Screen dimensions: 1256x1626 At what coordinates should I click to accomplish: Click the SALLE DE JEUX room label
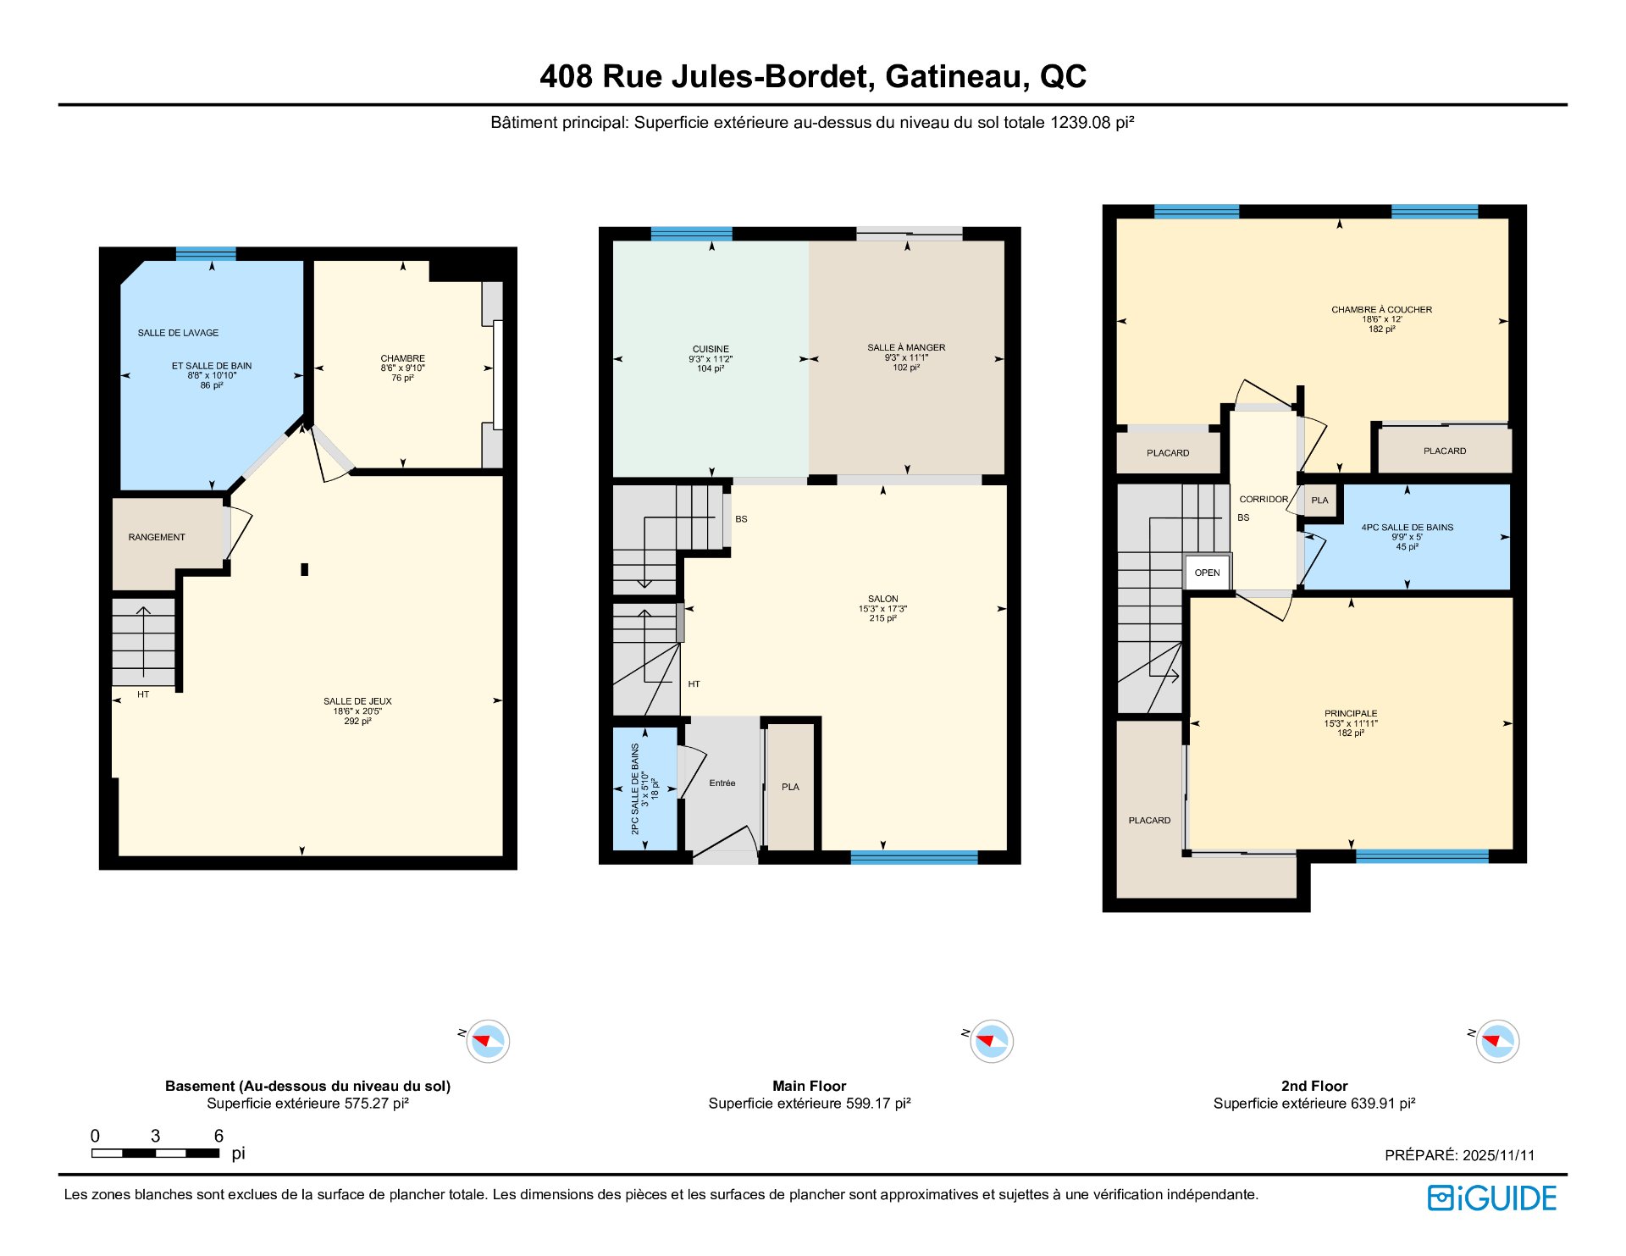pyautogui.click(x=357, y=701)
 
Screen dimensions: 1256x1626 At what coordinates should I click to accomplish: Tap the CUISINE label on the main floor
pyautogui.click(x=711, y=349)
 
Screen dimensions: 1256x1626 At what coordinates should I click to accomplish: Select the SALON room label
pyautogui.click(x=882, y=599)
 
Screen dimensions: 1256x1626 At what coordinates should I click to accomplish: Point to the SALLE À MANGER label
pyautogui.click(x=906, y=347)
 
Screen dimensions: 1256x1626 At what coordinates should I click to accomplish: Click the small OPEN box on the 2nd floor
pyautogui.click(x=1207, y=573)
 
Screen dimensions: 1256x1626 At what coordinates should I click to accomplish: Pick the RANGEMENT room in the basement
pyautogui.click(x=157, y=537)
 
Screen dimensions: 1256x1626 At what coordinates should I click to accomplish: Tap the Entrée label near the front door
pyautogui.click(x=722, y=783)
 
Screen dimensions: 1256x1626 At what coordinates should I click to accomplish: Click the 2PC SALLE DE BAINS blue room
pyautogui.click(x=644, y=788)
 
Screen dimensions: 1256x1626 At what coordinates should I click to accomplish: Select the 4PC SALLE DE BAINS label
pyautogui.click(x=1407, y=528)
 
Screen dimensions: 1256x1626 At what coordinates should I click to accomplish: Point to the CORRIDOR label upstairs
pyautogui.click(x=1264, y=500)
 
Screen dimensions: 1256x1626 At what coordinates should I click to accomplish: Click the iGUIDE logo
pyautogui.click(x=1492, y=1198)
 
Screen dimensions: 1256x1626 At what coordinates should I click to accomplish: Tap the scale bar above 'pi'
pyautogui.click(x=156, y=1153)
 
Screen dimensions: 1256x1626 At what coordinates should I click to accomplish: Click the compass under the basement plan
pyautogui.click(x=488, y=1041)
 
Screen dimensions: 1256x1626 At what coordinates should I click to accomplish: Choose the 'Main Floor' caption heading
pyautogui.click(x=809, y=1086)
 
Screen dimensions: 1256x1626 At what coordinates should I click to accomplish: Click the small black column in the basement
pyautogui.click(x=304, y=569)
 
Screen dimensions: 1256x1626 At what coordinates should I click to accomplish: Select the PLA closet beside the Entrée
pyautogui.click(x=790, y=787)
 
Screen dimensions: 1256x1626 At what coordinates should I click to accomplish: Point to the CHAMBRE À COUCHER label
pyautogui.click(x=1381, y=310)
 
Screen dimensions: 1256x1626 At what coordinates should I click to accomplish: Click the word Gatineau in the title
pyautogui.click(x=957, y=76)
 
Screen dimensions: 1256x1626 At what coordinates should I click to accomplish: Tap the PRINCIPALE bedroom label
pyautogui.click(x=1351, y=714)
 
